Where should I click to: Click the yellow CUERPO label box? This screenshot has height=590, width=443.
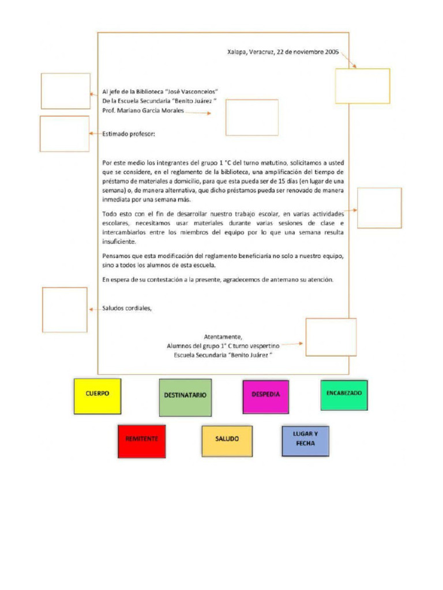pyautogui.click(x=97, y=396)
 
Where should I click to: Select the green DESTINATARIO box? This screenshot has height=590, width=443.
pyautogui.click(x=185, y=398)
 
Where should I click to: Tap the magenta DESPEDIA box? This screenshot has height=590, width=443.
pyautogui.click(x=266, y=396)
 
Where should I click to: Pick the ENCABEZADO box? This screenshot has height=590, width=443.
pyautogui.click(x=344, y=395)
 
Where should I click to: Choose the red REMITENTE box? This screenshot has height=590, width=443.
pyautogui.click(x=142, y=441)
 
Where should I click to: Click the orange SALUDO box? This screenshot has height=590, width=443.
pyautogui.click(x=227, y=441)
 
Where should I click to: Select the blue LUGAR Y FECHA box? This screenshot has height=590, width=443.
pyautogui.click(x=306, y=441)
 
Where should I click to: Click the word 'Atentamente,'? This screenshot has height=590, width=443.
pyautogui.click(x=223, y=336)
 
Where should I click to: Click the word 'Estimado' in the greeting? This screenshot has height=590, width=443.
pyautogui.click(x=115, y=134)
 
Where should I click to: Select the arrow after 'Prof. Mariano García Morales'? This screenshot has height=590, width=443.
pyautogui.click(x=198, y=112)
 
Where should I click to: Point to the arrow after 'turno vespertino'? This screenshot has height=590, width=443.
pyautogui.click(x=292, y=343)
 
